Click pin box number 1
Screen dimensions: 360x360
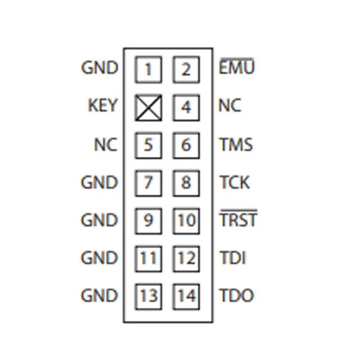148,70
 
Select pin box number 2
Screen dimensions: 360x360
186,70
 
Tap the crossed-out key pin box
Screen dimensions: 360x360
148,108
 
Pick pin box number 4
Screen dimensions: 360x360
186,108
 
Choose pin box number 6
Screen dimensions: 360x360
186,145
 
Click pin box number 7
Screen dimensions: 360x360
148,184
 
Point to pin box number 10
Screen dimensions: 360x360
186,221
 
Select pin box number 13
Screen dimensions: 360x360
148,297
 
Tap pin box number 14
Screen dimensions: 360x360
186,297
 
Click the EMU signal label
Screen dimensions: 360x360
237,66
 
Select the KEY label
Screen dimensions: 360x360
103,105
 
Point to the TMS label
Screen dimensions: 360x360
236,144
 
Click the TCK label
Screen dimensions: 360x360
234,182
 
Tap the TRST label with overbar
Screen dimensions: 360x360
238,218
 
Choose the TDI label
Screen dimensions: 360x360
233,257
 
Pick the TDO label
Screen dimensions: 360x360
237,295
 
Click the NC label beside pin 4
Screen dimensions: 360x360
230,105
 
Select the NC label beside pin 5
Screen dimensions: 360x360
106,144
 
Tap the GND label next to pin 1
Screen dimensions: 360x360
99,68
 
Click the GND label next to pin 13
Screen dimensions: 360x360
99,295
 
